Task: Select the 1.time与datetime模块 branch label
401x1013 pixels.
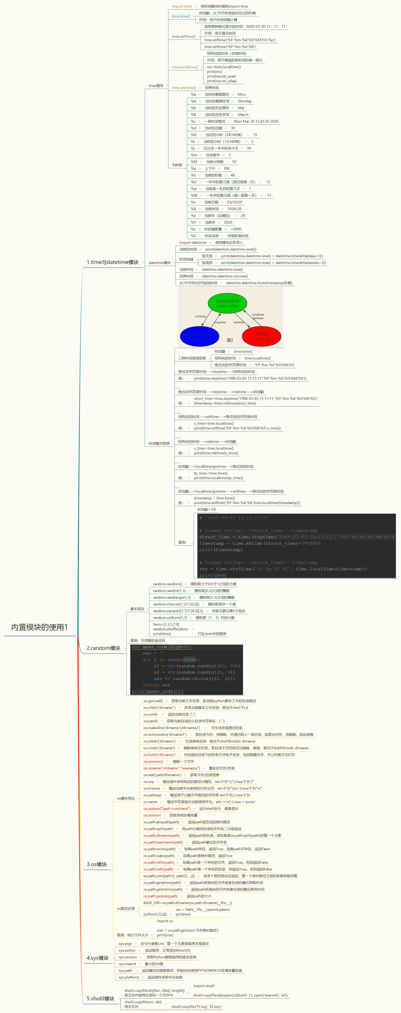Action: [113, 262]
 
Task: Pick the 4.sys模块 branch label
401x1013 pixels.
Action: [97, 958]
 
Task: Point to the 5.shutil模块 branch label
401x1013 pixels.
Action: [100, 999]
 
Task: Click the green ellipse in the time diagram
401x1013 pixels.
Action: [227, 303]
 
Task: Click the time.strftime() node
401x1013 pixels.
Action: [184, 37]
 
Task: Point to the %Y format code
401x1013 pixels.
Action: [193, 222]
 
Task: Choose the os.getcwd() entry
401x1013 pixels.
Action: [153, 701]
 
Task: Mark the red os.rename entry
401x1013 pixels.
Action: [171, 768]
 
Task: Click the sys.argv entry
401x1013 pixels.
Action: [125, 943]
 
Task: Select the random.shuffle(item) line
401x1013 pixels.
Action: [170, 629]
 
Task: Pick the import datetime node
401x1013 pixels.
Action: [193, 243]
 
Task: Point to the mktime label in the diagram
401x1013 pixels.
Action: [238, 323]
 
